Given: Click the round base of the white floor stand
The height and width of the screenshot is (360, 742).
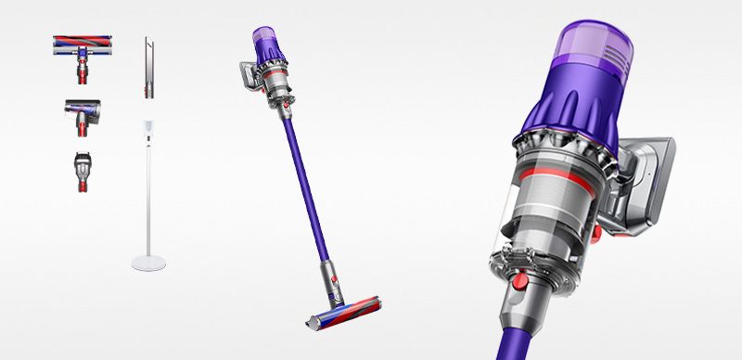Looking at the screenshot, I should coord(148,263).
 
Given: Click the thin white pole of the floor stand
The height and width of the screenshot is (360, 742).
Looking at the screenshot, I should coord(147,195).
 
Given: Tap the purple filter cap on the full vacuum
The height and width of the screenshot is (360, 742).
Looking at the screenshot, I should coord(264,41).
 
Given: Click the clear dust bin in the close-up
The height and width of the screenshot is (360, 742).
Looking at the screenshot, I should coord(547,223).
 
